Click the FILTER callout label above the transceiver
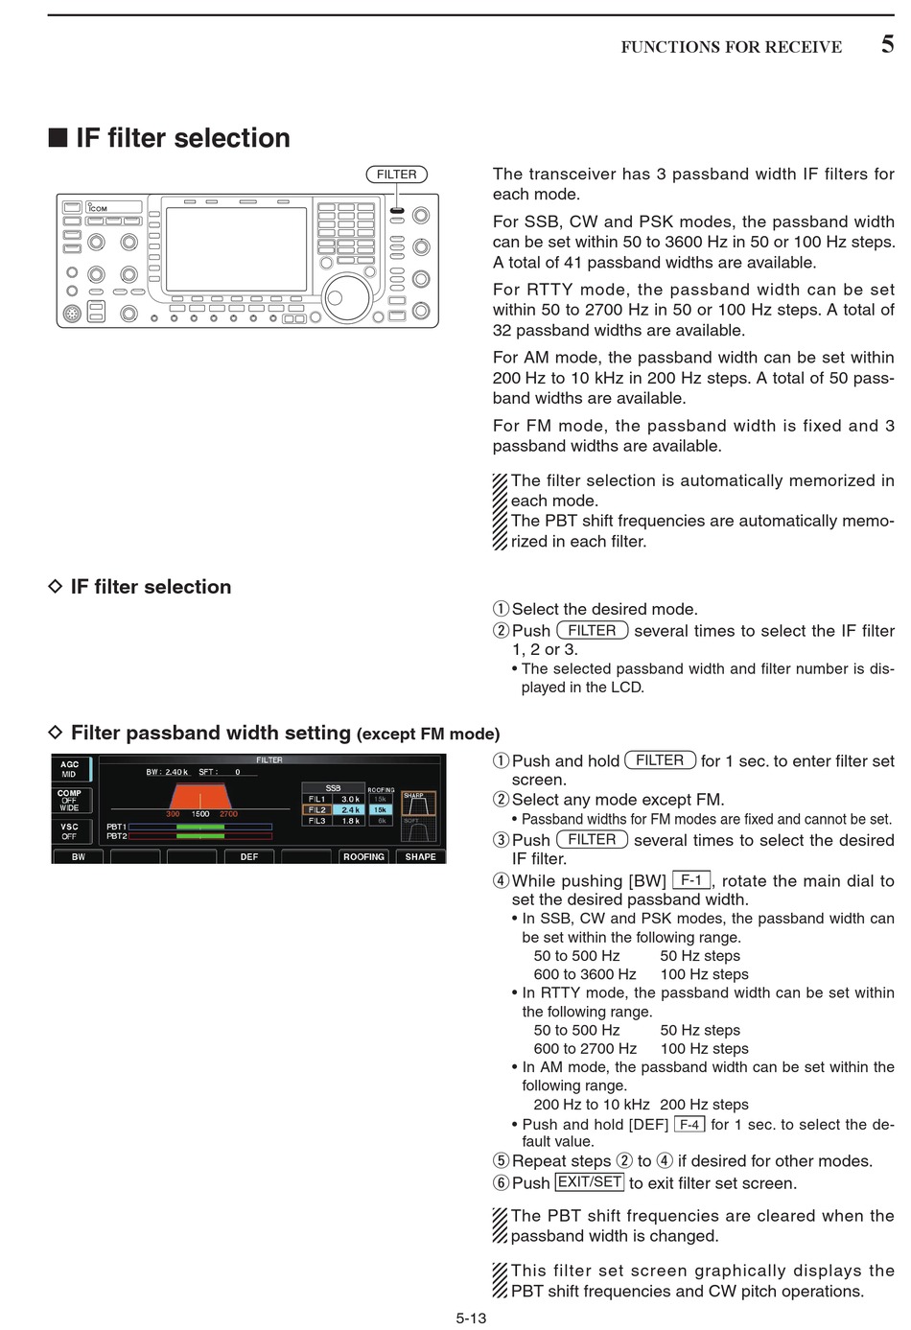click(x=396, y=175)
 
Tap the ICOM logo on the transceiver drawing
click(x=98, y=207)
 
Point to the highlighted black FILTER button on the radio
click(x=396, y=211)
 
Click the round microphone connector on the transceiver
click(x=72, y=313)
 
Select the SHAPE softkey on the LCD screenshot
click(x=420, y=856)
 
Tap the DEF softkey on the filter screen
click(x=249, y=856)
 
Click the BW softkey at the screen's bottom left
click(x=79, y=856)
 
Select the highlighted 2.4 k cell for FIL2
click(x=351, y=809)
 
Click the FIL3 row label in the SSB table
click(x=316, y=821)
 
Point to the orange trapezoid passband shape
click(x=200, y=797)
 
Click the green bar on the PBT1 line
click(x=199, y=826)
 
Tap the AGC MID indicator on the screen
click(x=70, y=769)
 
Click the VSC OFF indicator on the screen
click(x=70, y=830)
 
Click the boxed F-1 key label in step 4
click(x=690, y=879)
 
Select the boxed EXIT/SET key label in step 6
click(x=590, y=1182)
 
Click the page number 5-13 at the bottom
click(x=471, y=1318)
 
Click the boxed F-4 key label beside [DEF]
click(x=689, y=1124)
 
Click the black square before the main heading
click(x=58, y=138)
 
